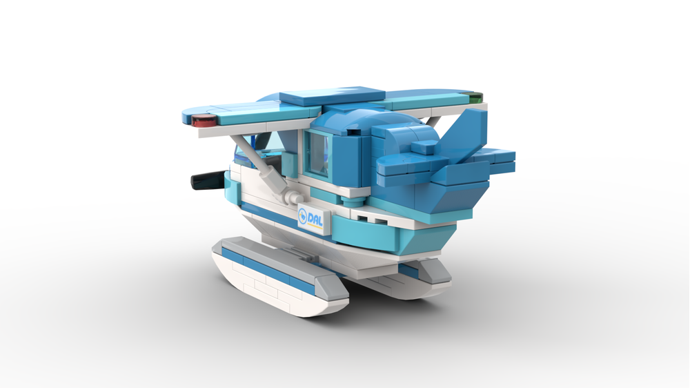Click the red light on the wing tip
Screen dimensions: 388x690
point(204,122)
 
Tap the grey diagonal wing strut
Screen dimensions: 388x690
point(262,166)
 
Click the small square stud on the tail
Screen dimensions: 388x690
point(426,146)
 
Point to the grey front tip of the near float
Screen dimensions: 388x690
point(222,246)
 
